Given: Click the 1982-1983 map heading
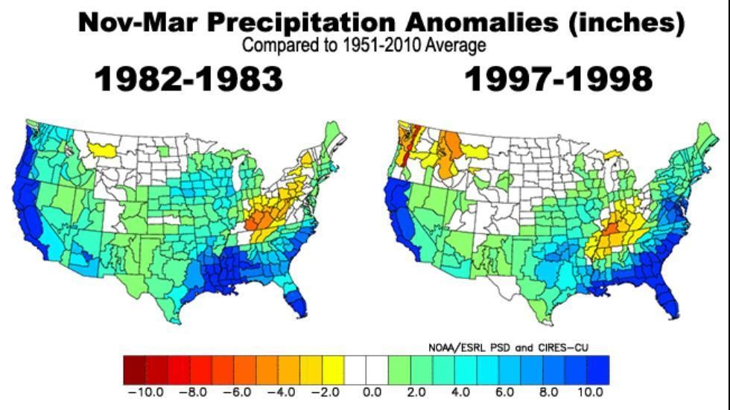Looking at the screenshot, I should [x=189, y=79].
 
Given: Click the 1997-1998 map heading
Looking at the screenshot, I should [x=559, y=79].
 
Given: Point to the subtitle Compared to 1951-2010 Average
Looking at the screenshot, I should [x=364, y=45].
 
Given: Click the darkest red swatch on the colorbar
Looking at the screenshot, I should [x=134, y=369].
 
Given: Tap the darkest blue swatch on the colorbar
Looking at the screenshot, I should [x=598, y=369].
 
